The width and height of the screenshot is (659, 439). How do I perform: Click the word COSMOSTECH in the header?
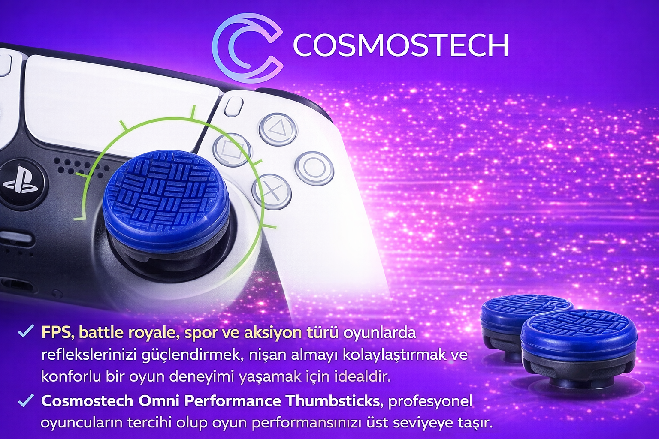401,45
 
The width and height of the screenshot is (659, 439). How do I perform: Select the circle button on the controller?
314,168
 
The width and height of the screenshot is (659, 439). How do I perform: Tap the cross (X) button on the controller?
271,191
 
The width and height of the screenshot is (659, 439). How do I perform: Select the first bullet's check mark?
26,332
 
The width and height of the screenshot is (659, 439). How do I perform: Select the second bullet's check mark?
26,400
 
